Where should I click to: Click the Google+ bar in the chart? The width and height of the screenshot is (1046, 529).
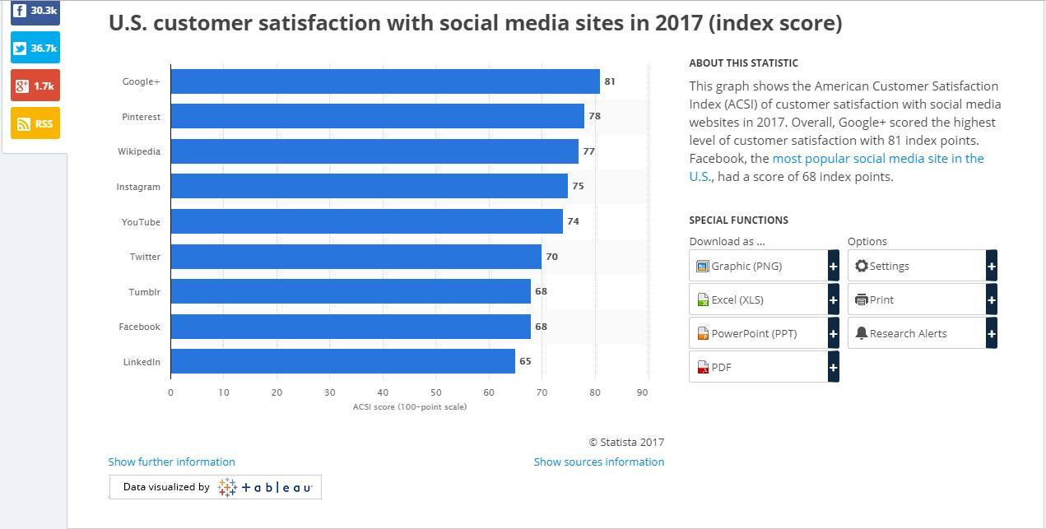pos(385,81)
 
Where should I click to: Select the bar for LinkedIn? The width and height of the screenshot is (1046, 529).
pos(342,361)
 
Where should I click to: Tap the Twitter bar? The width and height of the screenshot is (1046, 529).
pos(356,257)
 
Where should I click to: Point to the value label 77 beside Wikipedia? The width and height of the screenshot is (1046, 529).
pos(588,151)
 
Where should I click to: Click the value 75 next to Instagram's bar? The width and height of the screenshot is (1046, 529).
pos(578,187)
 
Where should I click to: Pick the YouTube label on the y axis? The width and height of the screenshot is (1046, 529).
pos(141,222)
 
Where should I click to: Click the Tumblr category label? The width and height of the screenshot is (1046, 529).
pos(144,292)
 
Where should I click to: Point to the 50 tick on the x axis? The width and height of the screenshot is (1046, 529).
pos(435,392)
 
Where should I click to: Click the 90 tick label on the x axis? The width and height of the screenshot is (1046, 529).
pos(643,392)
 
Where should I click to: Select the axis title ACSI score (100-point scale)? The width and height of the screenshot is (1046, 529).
pos(409,406)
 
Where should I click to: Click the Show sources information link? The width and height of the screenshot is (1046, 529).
pos(598,462)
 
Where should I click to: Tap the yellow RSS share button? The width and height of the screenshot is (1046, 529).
pos(35,123)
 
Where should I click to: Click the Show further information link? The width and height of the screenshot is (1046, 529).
pos(171,462)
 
